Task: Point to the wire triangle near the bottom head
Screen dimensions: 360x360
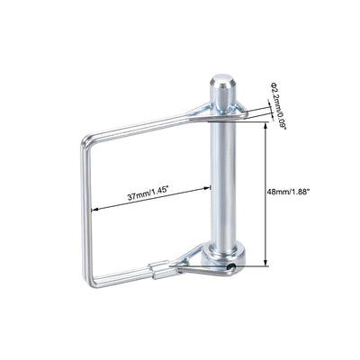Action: [x=196, y=260]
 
